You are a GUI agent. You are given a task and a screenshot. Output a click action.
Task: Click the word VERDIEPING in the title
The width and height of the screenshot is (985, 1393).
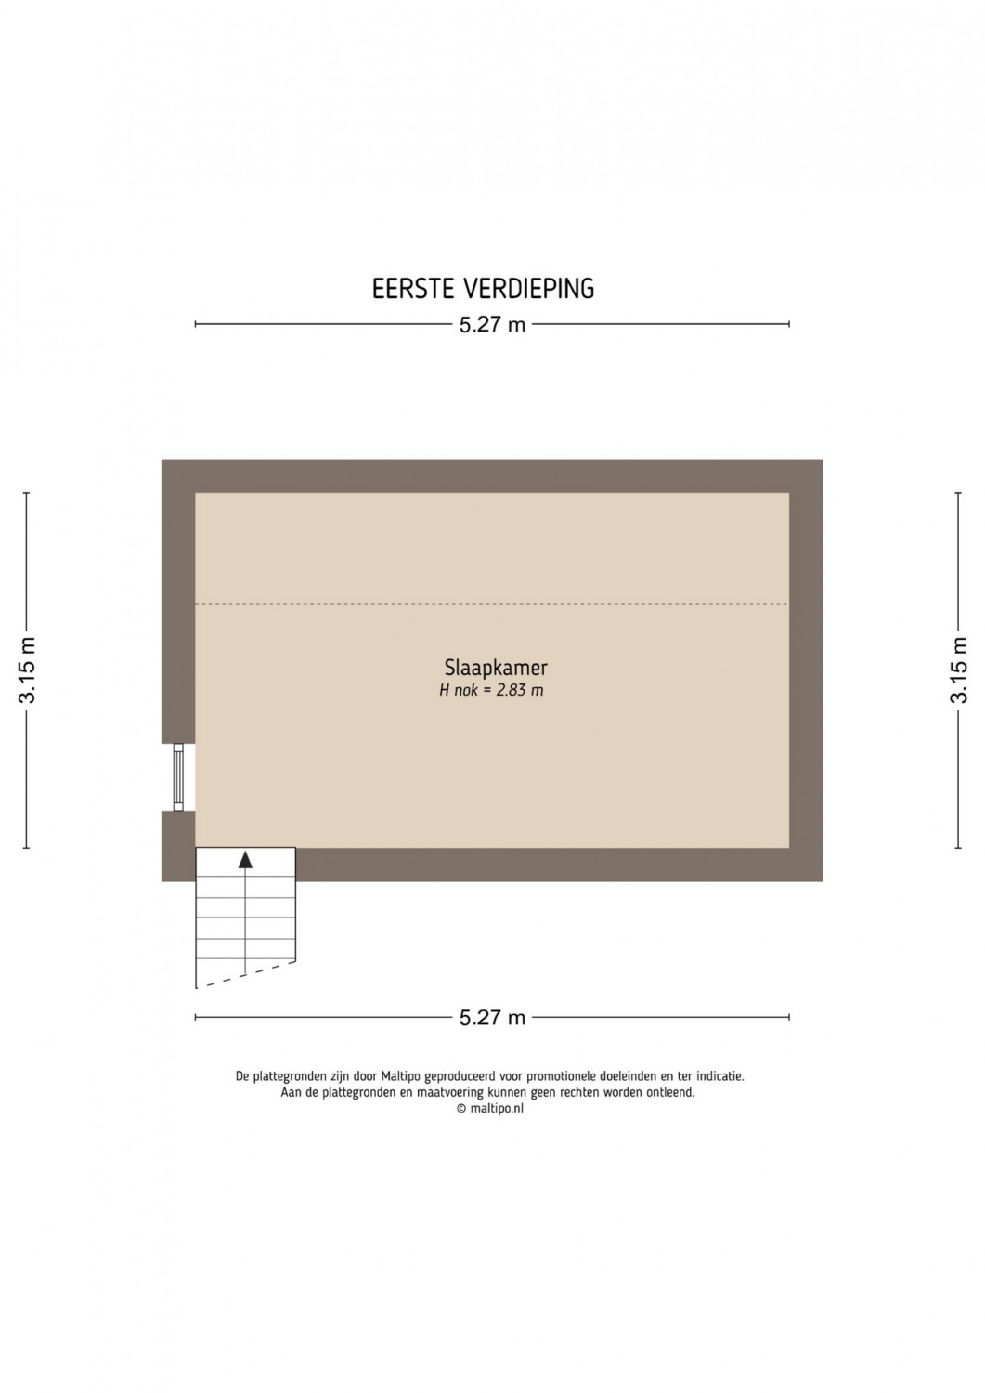pos(529,289)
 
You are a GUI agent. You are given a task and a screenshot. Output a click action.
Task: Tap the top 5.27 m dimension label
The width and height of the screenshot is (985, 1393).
pos(492,325)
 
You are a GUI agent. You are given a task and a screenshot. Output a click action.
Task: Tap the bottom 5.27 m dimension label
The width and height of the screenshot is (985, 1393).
pos(492,1018)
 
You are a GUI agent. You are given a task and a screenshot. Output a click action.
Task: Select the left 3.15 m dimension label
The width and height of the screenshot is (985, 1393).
pos(27,670)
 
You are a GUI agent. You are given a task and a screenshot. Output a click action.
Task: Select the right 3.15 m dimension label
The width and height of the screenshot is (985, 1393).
pos(958,670)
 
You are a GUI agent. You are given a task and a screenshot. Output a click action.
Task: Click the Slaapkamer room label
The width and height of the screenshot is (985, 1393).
pos(496,668)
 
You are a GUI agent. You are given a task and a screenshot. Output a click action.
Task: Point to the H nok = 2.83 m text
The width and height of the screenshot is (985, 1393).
pos(491,690)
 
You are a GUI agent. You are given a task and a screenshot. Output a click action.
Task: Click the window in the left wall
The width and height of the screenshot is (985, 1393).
pos(178,776)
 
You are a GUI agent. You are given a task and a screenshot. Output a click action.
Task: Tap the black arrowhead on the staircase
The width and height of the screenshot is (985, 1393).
pos(246,859)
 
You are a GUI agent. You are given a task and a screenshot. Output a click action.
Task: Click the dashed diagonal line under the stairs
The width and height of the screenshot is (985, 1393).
pos(246,974)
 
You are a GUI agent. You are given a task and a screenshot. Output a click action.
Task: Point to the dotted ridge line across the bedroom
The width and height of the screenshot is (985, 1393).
pos(492,604)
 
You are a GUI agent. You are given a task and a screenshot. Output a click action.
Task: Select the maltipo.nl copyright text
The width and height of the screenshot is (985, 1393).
pos(490,1109)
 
